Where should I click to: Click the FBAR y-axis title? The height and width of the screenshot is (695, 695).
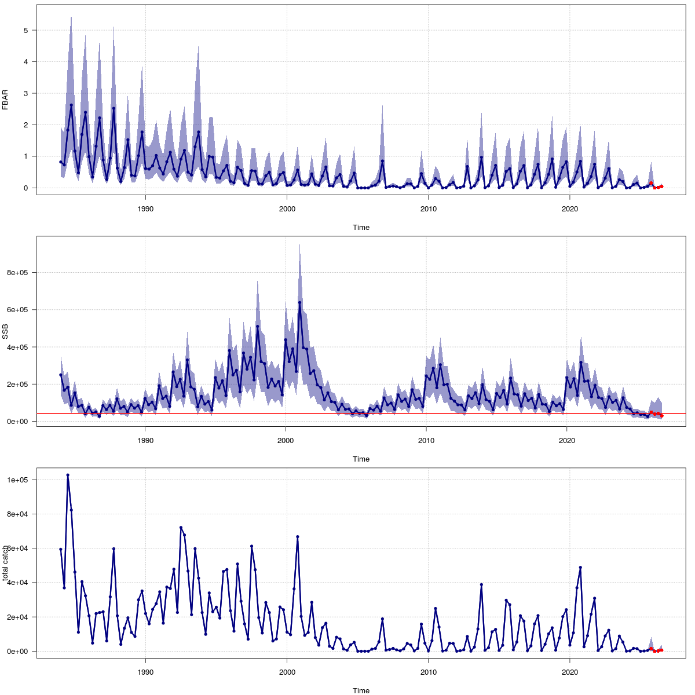pyautogui.click(x=5, y=100)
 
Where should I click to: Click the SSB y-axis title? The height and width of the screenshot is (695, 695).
pyautogui.click(x=5, y=331)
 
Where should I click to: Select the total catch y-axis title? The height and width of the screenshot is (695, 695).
pyautogui.click(x=5, y=563)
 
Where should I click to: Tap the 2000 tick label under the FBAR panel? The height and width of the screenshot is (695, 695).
pyautogui.click(x=287, y=209)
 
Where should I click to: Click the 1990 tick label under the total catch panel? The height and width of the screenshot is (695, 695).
pyautogui.click(x=145, y=672)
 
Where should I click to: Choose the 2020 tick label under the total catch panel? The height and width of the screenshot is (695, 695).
pyautogui.click(x=570, y=672)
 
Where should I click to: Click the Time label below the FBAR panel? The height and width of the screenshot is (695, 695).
pyautogui.click(x=361, y=228)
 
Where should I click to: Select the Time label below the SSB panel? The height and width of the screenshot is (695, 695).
pyautogui.click(x=361, y=459)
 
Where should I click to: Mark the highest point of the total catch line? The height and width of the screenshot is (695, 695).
pyautogui.click(x=68, y=475)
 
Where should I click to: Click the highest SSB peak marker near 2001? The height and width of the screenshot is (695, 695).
pyautogui.click(x=299, y=302)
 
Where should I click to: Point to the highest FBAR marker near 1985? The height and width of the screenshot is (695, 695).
pyautogui.click(x=71, y=105)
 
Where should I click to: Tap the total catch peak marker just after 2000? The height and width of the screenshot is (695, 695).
pyautogui.click(x=298, y=537)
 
